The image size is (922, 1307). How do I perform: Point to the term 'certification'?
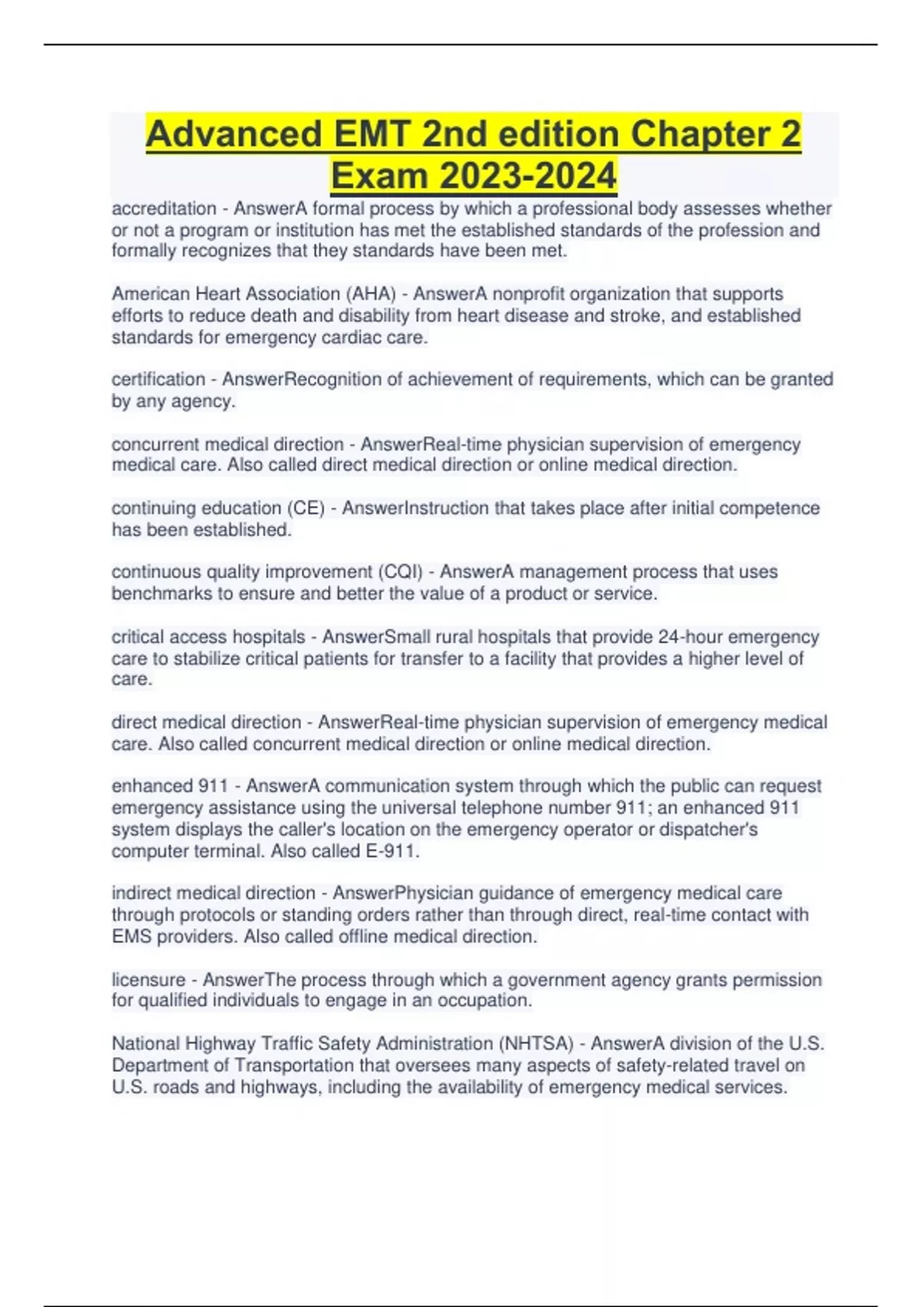158,379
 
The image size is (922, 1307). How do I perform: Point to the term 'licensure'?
148,979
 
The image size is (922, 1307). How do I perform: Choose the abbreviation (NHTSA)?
536,1043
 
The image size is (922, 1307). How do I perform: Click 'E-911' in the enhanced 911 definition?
391,851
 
